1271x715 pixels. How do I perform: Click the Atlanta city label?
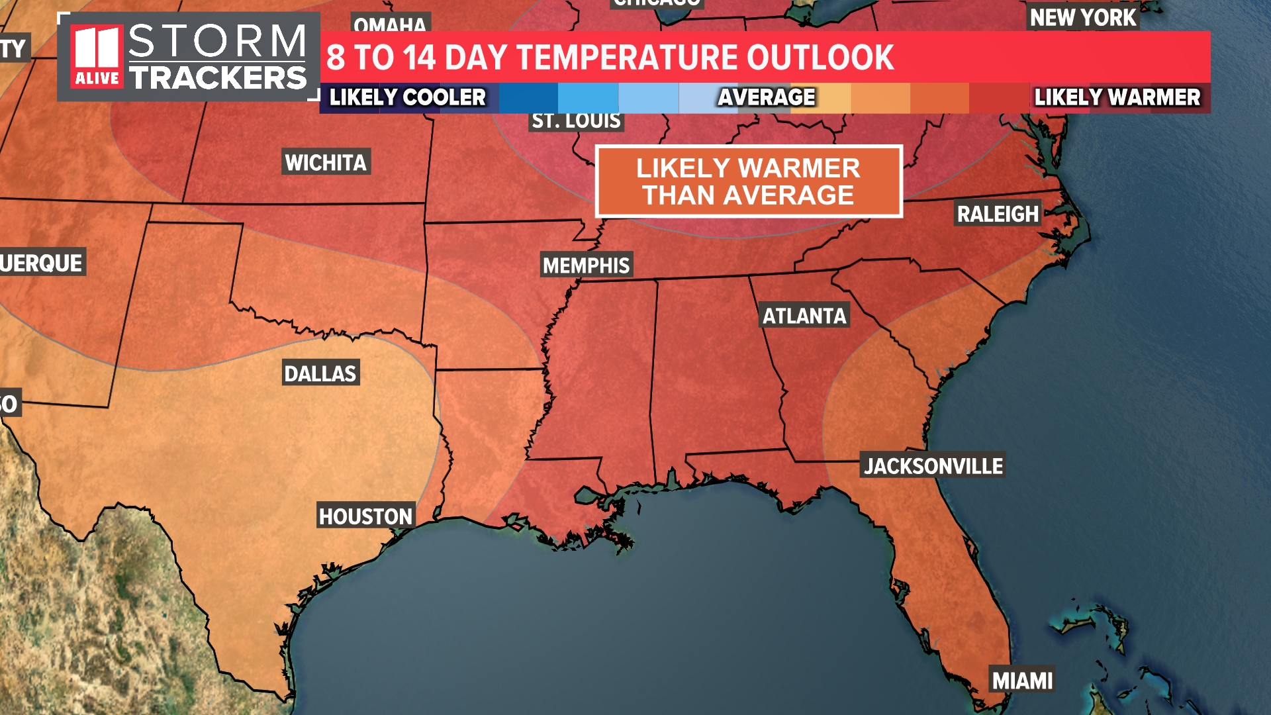[x=804, y=316]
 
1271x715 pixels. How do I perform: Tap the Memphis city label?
[x=587, y=265]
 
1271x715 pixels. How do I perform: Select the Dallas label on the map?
[x=320, y=373]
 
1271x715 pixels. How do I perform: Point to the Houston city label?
[x=365, y=516]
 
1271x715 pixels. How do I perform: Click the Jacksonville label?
[x=933, y=466]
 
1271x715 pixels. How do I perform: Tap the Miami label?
[x=1022, y=681]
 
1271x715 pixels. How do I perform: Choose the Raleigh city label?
[x=998, y=214]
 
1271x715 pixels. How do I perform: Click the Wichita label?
[x=326, y=162]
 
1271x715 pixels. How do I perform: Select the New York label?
[x=1083, y=18]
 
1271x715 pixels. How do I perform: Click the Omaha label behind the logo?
[x=390, y=24]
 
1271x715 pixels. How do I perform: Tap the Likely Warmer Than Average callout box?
[x=749, y=181]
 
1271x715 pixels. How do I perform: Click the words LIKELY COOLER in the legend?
[x=408, y=97]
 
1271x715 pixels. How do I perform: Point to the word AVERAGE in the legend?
[x=767, y=97]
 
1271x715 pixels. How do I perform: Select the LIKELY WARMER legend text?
[x=1117, y=97]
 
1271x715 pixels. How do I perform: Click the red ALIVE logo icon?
[x=97, y=57]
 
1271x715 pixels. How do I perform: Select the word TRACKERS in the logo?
[x=218, y=78]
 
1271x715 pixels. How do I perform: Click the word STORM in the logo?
[x=218, y=41]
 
